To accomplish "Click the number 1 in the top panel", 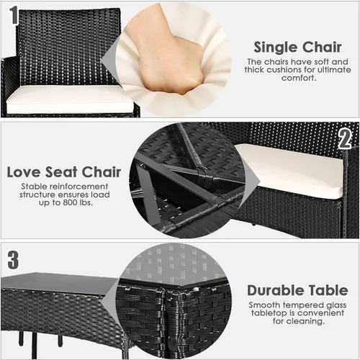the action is [x=14, y=15].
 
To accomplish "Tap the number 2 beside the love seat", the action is [x=345, y=139].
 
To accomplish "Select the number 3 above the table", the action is [x=13, y=260].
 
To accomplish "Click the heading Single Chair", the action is [x=297, y=47].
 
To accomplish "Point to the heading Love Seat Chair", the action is [x=64, y=172].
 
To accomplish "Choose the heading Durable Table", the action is [x=297, y=290].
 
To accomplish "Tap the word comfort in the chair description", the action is [x=297, y=78].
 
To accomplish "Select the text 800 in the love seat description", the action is [x=70, y=202].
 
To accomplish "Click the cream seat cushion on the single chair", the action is [x=70, y=99].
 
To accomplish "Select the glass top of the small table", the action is [x=59, y=282].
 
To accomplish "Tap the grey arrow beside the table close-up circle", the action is [x=111, y=300].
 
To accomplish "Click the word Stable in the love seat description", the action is [x=33, y=186].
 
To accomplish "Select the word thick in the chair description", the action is [x=254, y=70].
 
